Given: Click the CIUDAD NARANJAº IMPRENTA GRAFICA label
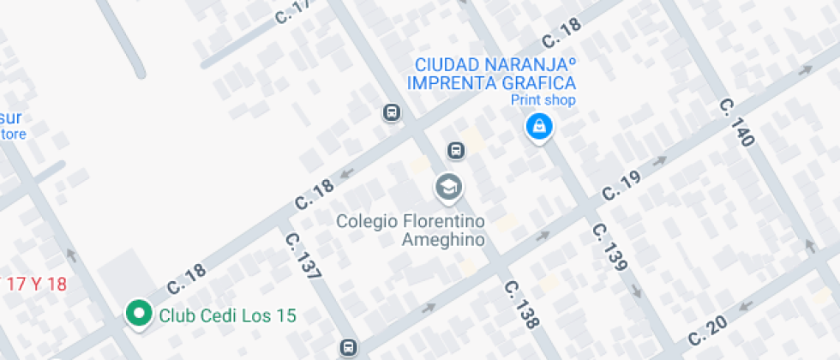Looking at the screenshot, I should [x=491, y=74].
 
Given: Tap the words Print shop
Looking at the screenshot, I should [x=543, y=100].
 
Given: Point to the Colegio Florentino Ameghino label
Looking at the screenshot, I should [x=411, y=231].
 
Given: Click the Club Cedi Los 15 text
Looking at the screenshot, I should [x=227, y=315].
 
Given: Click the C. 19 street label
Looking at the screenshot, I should [x=621, y=185].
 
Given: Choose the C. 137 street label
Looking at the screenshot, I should [x=303, y=256].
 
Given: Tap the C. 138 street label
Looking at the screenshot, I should [x=521, y=304].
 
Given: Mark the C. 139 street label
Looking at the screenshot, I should [x=609, y=247].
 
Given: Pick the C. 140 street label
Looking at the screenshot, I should [x=736, y=122].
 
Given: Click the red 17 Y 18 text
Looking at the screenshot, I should [x=34, y=284].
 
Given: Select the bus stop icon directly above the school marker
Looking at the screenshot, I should [x=456, y=151].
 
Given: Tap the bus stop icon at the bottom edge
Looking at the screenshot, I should [x=348, y=347].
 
